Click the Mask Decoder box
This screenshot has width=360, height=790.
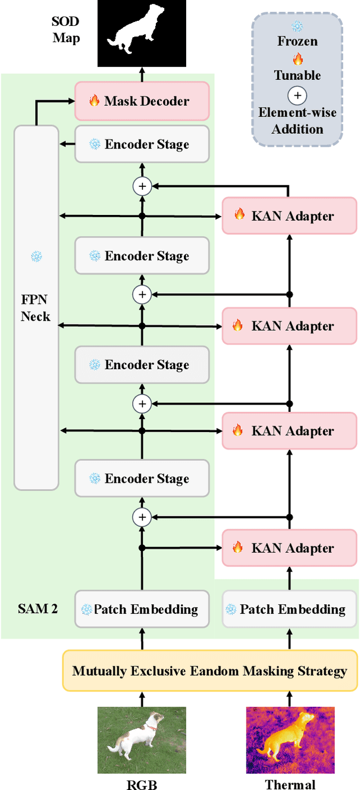142,101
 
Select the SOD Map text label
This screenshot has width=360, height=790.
66,30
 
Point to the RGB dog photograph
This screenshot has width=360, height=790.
141,740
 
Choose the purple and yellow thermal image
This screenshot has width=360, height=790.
290,740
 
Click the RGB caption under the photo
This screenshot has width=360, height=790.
142,784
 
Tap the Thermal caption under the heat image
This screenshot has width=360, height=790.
290,784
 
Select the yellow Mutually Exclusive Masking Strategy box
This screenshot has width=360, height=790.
210,671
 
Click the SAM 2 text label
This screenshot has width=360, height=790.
38,609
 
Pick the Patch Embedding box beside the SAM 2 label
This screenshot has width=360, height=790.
142,609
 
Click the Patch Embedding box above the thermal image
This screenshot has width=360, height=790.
289,609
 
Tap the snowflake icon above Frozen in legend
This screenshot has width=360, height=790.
297,26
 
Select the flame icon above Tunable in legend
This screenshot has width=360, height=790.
297,59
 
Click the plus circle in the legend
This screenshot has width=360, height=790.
297,95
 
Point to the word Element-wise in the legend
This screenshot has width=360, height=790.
297,112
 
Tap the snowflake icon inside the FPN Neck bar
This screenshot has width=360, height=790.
36,257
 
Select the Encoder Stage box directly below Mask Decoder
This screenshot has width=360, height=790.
142,144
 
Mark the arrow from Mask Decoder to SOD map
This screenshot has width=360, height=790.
142,74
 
